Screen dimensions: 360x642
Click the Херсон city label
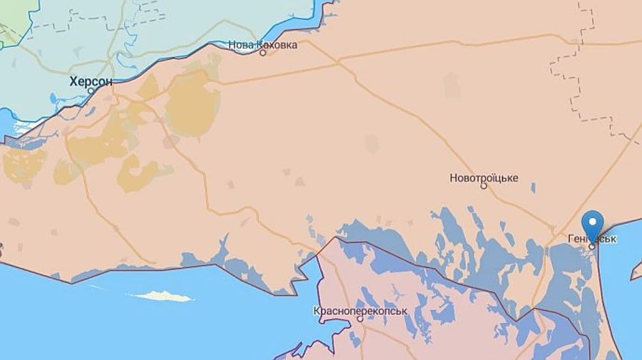(91, 81)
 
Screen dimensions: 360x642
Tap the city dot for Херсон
(91, 91)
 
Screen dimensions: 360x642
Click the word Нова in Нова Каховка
(241, 45)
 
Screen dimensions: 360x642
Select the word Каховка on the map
(277, 45)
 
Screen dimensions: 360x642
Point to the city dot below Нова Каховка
(263, 53)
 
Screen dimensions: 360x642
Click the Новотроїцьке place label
(484, 178)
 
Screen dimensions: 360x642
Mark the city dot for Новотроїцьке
(484, 186)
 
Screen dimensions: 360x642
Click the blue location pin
(592, 225)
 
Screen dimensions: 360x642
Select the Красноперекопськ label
(360, 311)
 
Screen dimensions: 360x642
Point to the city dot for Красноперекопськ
(360, 319)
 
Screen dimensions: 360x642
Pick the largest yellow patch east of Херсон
(191, 103)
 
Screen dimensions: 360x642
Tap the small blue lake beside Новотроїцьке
(533, 188)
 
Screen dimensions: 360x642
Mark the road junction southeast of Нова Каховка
(336, 62)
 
